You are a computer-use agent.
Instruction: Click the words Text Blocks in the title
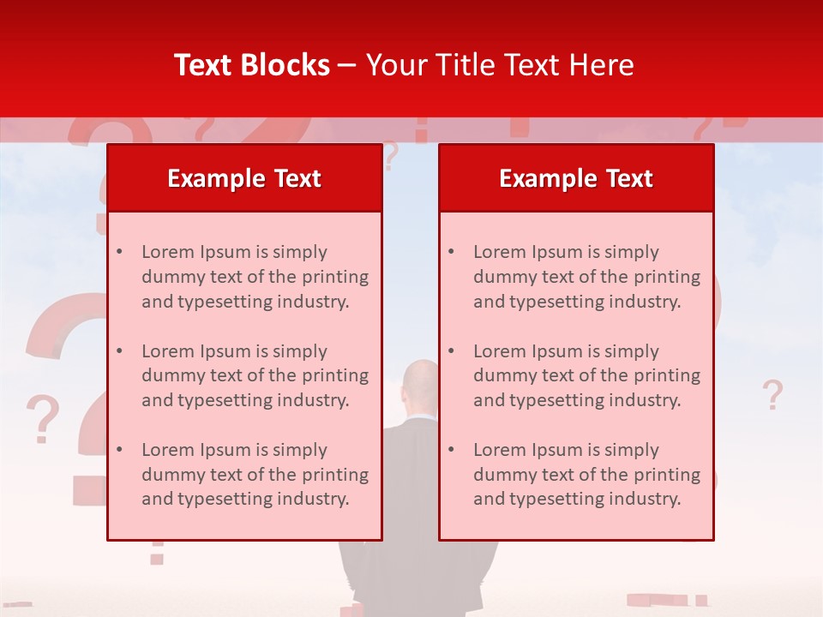coord(252,65)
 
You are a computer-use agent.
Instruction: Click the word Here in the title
coord(603,65)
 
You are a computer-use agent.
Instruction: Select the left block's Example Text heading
coord(244,178)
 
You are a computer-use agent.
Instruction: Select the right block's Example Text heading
coord(576,178)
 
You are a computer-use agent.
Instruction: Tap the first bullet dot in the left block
coord(119,252)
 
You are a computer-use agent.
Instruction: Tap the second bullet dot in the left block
coord(119,351)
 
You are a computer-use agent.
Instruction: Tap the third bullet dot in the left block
coord(119,450)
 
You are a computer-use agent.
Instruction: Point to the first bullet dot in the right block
coord(451,252)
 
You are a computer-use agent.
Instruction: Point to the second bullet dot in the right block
coord(451,351)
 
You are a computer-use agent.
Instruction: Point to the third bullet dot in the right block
coord(451,450)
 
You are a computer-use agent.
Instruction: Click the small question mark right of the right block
coord(772,395)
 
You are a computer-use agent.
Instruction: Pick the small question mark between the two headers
coord(391,157)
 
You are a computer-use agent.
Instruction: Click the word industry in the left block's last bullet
coord(314,499)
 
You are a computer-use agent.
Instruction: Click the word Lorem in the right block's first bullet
coord(496,252)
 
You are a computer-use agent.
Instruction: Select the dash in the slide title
coord(348,65)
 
